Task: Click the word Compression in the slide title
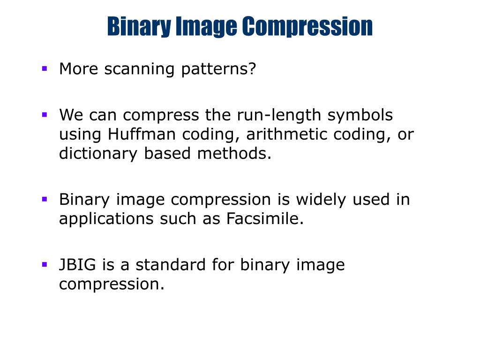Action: point(307,26)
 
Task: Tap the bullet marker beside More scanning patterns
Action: point(45,68)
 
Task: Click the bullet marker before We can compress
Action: point(45,114)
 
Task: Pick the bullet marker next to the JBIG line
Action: point(45,264)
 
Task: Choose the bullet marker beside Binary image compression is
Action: point(45,199)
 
